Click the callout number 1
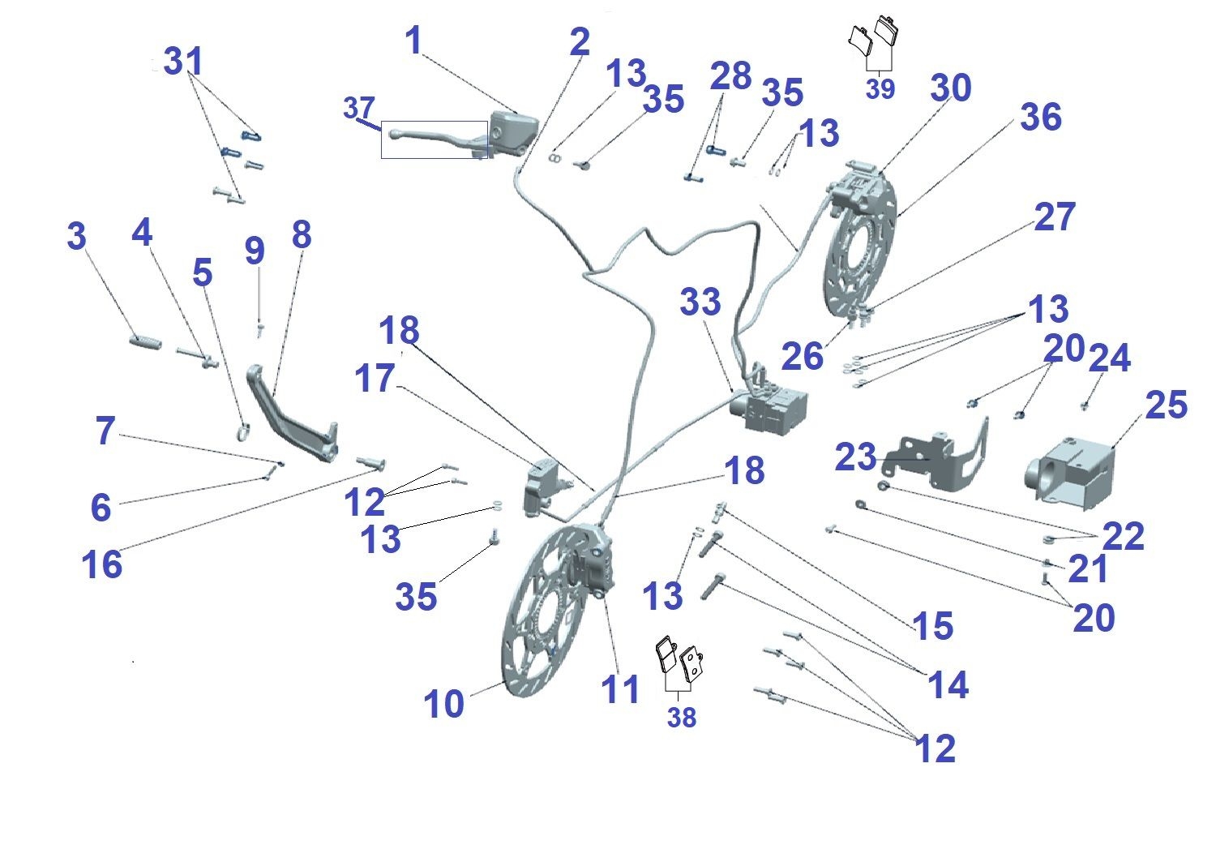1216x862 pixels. [x=414, y=41]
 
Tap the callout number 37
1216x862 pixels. [x=359, y=108]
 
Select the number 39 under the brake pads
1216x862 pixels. [x=880, y=88]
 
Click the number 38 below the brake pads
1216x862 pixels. [x=681, y=717]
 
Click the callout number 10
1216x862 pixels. [x=443, y=704]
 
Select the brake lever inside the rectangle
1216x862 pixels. [x=435, y=139]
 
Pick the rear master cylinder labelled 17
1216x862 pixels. [x=543, y=485]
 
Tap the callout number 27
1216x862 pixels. [x=1055, y=217]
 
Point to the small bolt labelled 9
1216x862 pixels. [x=260, y=330]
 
